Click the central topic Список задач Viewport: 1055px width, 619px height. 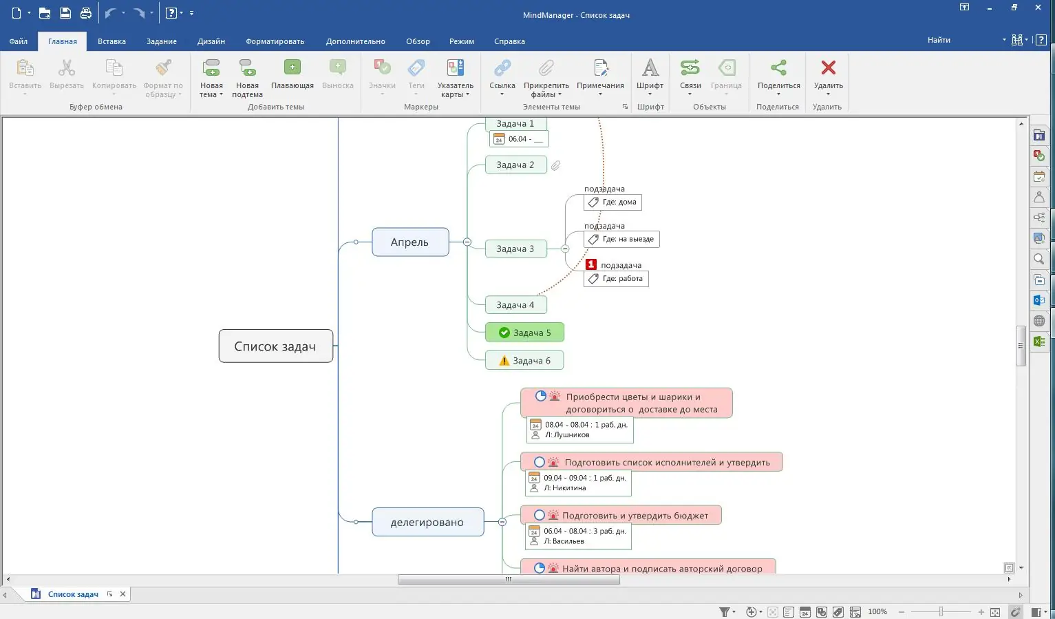(275, 346)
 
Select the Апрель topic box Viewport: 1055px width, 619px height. (410, 242)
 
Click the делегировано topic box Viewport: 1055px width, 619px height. (427, 522)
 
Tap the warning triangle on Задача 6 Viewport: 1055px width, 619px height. (504, 361)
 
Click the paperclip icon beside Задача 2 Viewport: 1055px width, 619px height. (555, 165)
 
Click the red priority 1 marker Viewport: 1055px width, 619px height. (590, 264)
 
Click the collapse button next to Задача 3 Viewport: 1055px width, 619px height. (565, 249)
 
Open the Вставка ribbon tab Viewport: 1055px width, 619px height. (111, 41)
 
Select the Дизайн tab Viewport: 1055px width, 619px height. (211, 41)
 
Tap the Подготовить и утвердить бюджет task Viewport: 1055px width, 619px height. (635, 516)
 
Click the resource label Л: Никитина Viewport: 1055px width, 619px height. (564, 488)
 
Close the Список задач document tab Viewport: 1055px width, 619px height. (123, 594)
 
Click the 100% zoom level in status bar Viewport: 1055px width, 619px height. (877, 611)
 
